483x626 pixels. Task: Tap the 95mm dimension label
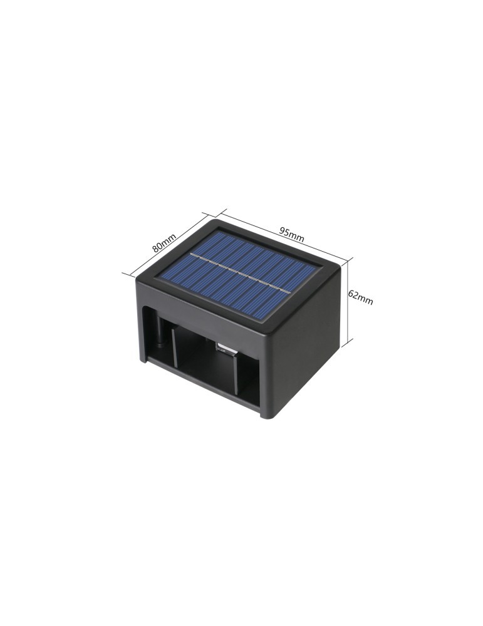pos(292,234)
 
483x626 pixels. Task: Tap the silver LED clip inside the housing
pos(226,349)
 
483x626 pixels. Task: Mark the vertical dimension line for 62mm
pos(350,299)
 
